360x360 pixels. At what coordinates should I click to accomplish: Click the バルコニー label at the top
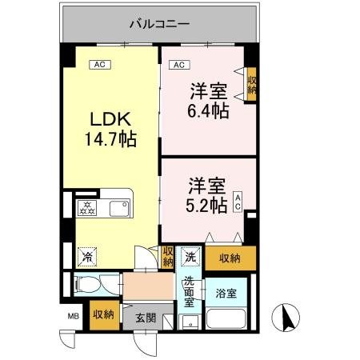[x=160, y=24]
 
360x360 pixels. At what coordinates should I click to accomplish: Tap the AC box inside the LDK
[x=100, y=65]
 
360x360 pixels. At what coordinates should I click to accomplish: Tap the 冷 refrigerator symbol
[x=85, y=258]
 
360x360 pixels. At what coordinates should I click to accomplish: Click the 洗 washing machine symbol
[x=190, y=257]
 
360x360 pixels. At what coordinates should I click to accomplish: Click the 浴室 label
[x=226, y=294]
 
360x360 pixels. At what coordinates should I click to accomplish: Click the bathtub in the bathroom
[x=228, y=318]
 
